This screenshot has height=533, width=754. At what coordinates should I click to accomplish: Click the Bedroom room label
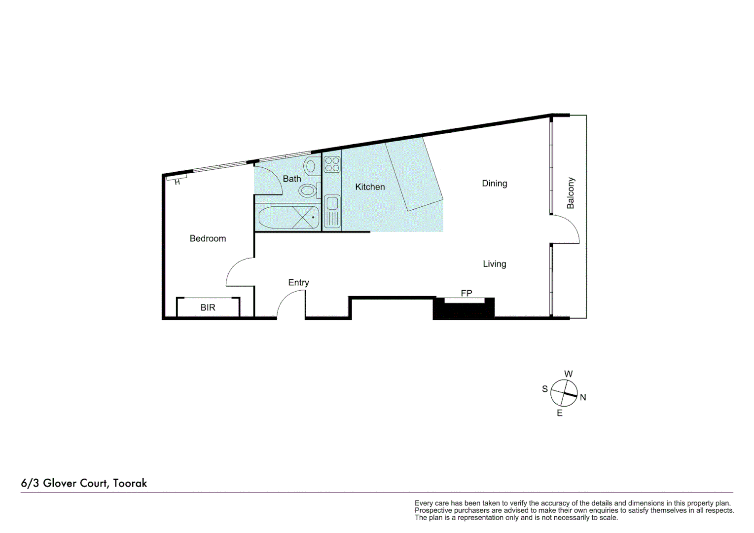click(x=208, y=238)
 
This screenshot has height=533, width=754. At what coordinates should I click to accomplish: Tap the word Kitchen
click(x=370, y=187)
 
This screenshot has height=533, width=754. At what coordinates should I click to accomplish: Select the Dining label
click(x=494, y=184)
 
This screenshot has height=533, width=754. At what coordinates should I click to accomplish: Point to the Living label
click(x=494, y=264)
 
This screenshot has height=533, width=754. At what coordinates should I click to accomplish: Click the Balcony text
click(x=571, y=193)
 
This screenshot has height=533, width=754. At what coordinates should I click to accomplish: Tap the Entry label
click(x=298, y=282)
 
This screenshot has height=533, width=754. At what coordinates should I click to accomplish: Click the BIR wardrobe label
click(x=208, y=307)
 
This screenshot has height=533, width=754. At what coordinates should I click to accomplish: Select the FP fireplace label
click(x=466, y=293)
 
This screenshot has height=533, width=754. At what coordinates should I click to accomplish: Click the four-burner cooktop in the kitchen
click(x=332, y=164)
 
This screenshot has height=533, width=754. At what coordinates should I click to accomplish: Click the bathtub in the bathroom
click(x=288, y=217)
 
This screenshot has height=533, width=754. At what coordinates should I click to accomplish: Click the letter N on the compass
click(x=583, y=397)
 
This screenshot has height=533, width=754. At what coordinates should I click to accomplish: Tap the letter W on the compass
click(x=568, y=374)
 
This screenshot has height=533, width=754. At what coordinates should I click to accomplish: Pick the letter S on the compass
click(x=545, y=389)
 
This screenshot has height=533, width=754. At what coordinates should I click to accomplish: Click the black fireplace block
click(x=463, y=310)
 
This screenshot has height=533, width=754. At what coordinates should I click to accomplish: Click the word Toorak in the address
click(x=130, y=483)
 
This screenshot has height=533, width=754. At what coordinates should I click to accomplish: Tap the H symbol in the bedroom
click(x=177, y=182)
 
